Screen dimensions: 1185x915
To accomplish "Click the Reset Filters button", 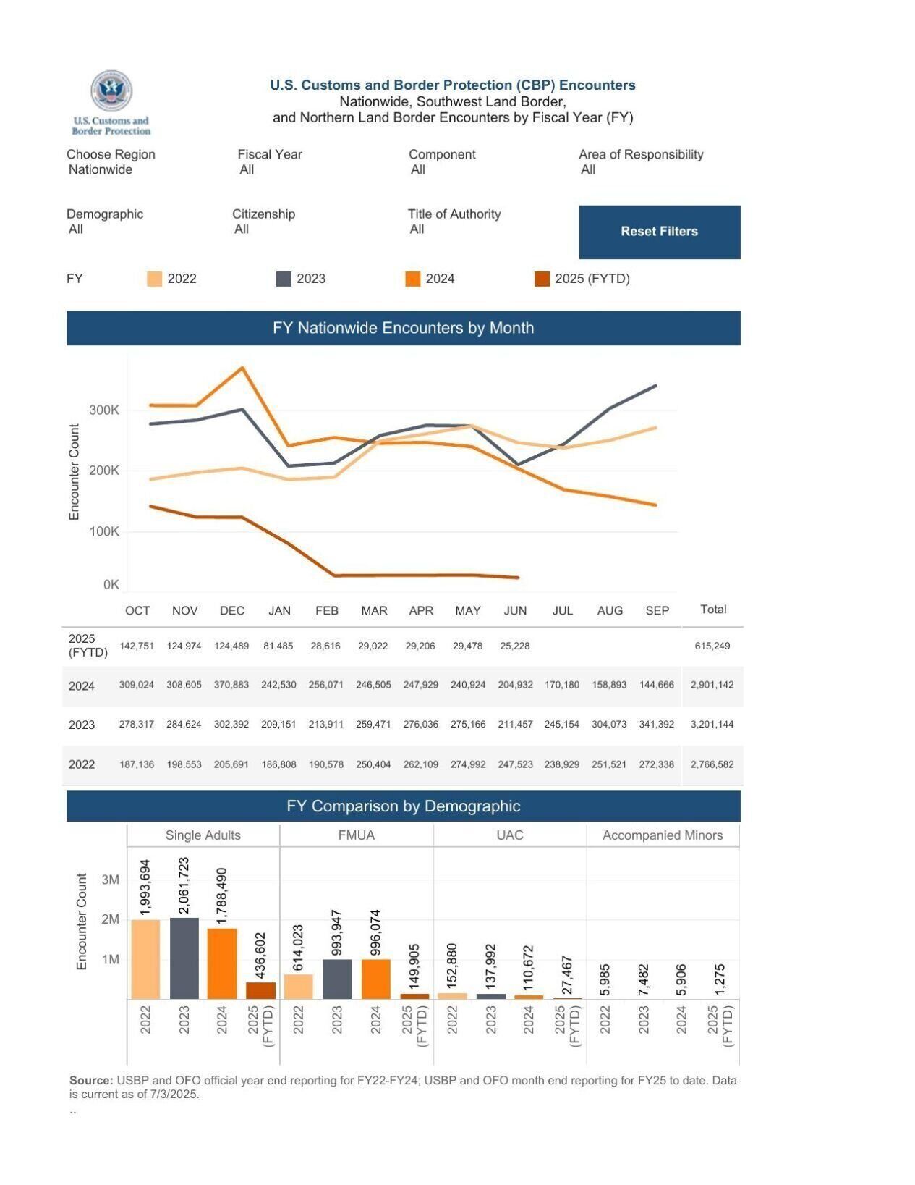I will (x=659, y=232).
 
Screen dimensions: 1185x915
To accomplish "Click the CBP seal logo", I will (x=111, y=91).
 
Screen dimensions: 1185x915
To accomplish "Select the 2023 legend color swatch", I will (x=284, y=279).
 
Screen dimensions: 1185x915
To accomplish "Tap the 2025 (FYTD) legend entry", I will (x=582, y=279).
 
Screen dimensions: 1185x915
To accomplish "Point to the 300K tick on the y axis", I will (x=104, y=410).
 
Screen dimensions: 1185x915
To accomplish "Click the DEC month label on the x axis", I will (x=231, y=610).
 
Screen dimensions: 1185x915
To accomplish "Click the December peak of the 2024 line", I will (x=243, y=368).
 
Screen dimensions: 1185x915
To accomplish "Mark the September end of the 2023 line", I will (x=655, y=386).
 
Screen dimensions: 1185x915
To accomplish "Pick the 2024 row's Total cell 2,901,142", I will (x=712, y=685).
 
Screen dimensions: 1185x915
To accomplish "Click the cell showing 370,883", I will (x=231, y=685).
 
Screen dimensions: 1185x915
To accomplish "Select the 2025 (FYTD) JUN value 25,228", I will (x=514, y=646).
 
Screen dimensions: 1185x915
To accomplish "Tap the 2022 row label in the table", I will (x=82, y=764).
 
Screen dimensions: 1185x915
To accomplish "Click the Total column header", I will (x=712, y=609).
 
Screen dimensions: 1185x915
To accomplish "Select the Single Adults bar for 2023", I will (x=184, y=958).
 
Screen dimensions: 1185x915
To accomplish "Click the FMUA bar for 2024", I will (x=375, y=979).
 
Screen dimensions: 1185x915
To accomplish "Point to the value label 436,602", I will (x=261, y=954).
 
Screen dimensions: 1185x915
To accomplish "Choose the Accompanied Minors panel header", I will (x=662, y=835).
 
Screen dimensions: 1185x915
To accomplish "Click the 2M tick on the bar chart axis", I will (x=110, y=919).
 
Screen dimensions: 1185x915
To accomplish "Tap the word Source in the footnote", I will (x=91, y=1080).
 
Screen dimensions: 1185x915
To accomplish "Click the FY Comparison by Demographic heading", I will (x=403, y=806).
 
